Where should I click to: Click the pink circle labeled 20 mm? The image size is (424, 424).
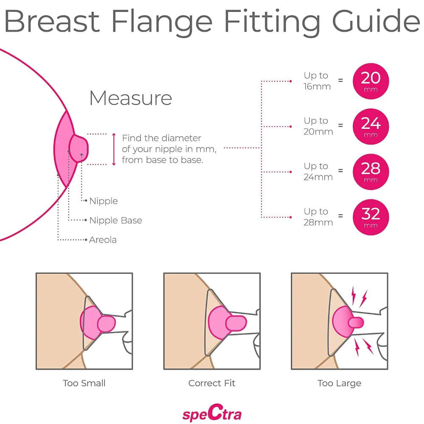371,81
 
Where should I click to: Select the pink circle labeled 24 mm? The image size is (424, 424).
371,126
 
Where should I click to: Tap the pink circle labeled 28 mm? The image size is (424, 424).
371,172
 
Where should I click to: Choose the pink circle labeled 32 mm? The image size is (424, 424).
371,217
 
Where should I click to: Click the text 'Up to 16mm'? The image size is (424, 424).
317,81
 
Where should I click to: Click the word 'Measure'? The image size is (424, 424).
131,98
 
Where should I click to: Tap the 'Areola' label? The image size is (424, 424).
103,240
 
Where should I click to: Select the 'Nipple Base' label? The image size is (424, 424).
115,220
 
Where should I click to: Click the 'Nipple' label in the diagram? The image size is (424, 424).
103,201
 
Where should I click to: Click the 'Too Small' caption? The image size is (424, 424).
84,383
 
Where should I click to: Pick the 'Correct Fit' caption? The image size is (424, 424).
212,383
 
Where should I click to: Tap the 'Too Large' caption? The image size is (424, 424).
339,383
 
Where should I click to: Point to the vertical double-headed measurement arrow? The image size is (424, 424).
114,149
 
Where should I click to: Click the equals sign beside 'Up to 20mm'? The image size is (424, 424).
340,126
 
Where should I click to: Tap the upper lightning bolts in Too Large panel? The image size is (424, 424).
358,296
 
